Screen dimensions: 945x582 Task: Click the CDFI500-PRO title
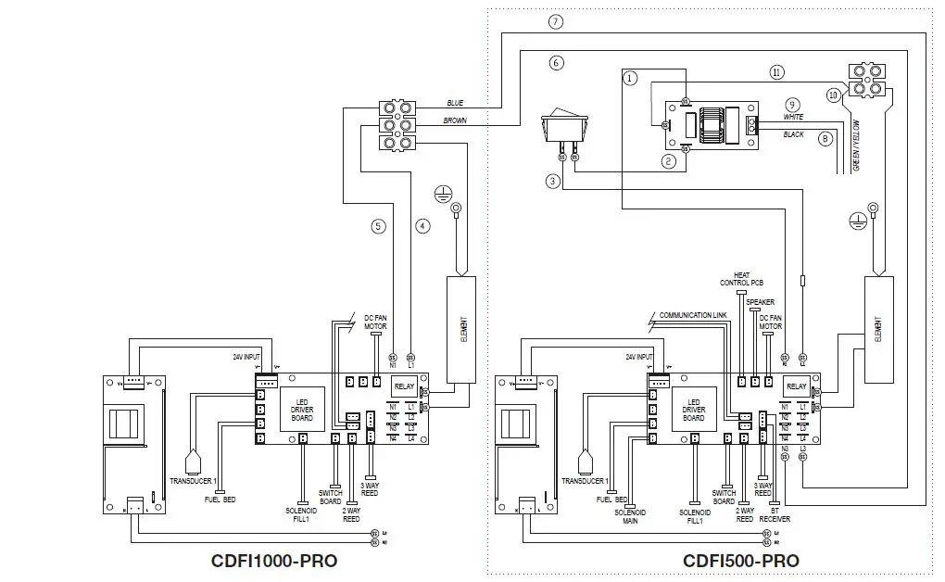click(x=740, y=561)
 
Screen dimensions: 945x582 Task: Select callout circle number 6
click(x=556, y=63)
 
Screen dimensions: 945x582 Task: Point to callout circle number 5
click(x=377, y=225)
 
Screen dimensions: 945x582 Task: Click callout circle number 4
click(x=423, y=225)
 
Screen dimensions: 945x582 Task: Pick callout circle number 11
click(x=776, y=72)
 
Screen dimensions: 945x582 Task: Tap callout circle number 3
click(x=553, y=183)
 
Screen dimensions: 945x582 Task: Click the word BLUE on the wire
click(x=455, y=103)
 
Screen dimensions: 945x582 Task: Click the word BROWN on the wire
click(x=455, y=120)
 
